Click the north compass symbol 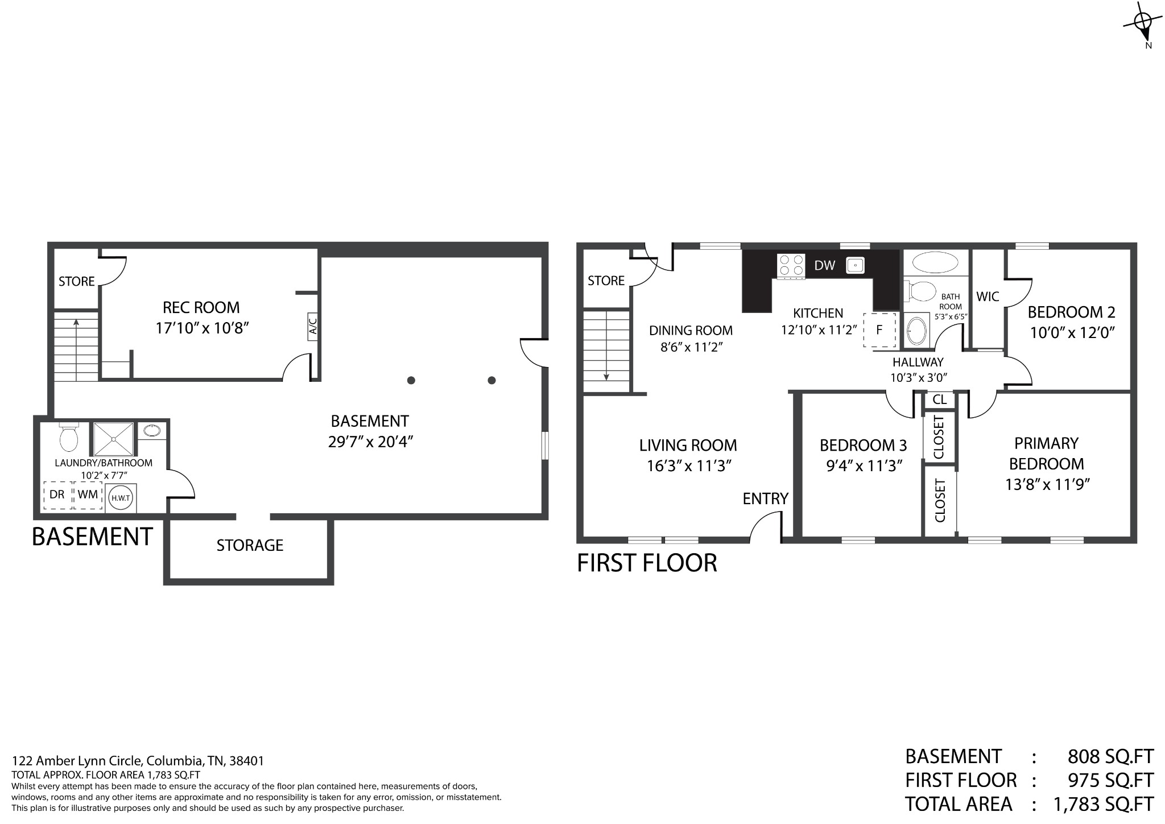[x=1142, y=23]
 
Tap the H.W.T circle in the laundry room [x=121, y=497]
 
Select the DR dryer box [x=57, y=495]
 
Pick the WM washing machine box [x=88, y=495]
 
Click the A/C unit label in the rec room [x=312, y=327]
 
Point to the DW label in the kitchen [x=824, y=265]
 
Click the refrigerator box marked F [x=879, y=329]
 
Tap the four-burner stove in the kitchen [x=791, y=266]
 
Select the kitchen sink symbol [x=855, y=265]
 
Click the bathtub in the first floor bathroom [x=935, y=263]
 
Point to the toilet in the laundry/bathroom [x=69, y=436]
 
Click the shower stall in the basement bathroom [x=113, y=439]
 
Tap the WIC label [x=988, y=296]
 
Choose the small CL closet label [x=940, y=399]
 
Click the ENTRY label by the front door [x=765, y=498]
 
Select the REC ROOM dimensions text [x=203, y=328]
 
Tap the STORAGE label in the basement [x=250, y=545]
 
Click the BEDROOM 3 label [x=863, y=445]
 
